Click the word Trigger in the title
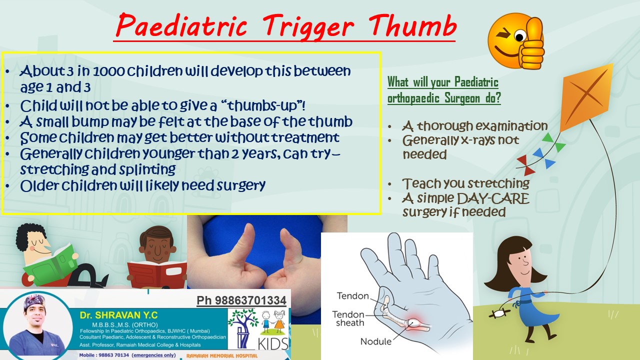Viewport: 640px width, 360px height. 308,27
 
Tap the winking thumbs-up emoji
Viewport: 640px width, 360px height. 515,41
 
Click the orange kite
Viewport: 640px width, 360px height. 585,97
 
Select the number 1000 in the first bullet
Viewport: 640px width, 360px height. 109,71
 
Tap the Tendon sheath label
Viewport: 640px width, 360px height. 348,318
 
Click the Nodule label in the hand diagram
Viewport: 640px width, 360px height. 375,341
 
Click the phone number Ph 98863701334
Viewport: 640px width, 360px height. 241,300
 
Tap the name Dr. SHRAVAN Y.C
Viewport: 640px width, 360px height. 118,315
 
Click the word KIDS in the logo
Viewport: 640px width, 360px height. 273,343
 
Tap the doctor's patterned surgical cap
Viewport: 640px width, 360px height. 34,301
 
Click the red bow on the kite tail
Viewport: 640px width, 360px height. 525,165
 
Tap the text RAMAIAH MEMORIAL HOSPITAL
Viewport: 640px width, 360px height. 222,355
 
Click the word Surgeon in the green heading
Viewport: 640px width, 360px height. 462,98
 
